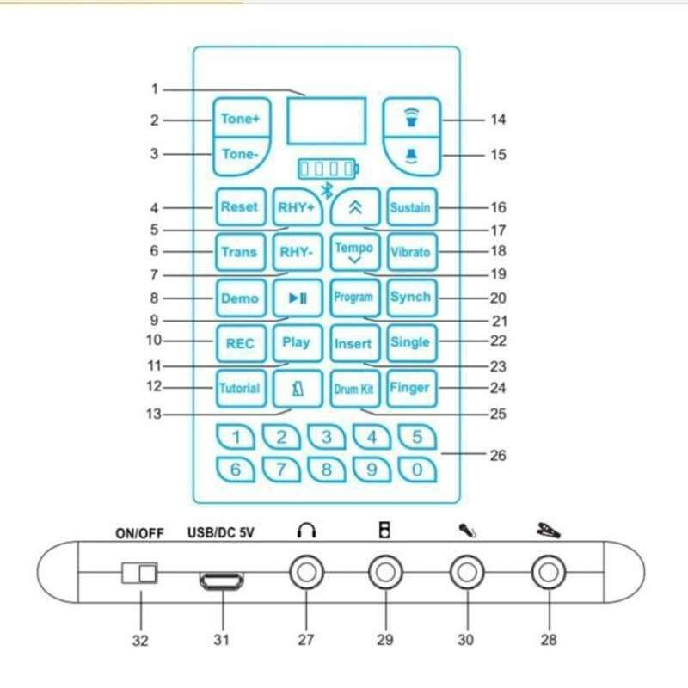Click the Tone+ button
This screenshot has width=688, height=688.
point(240,119)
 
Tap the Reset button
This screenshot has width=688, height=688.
point(239,207)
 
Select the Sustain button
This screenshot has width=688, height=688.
point(410,207)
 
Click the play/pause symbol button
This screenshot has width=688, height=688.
point(297,298)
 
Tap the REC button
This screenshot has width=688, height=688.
point(240,343)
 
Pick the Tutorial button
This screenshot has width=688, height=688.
point(239,388)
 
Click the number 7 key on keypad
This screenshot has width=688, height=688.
point(281,470)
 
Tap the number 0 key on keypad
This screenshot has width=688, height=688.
point(417,470)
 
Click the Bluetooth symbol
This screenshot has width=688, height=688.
point(327,191)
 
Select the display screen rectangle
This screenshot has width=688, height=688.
point(327,120)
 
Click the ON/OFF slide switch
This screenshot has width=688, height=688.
point(140,573)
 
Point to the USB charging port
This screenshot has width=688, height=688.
point(223,582)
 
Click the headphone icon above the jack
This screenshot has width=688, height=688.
point(306,531)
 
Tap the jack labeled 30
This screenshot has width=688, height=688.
point(467,572)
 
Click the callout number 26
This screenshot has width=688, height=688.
point(497,456)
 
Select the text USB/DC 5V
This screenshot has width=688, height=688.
point(220,532)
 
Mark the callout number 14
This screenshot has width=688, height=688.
point(498,120)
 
